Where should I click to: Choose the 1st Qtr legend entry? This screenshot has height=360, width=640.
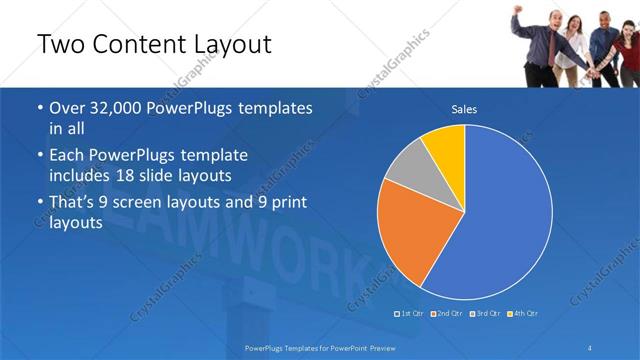(411, 313)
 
